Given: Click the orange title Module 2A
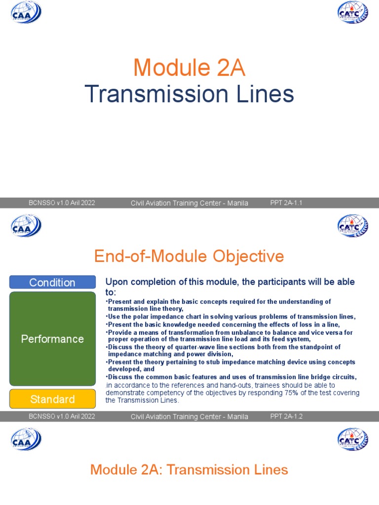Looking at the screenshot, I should pyautogui.click(x=189, y=68).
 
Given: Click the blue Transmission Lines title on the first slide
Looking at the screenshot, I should pyautogui.click(x=189, y=94).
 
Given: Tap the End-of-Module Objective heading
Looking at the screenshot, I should pyautogui.click(x=189, y=256).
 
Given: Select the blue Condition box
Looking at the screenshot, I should pyautogui.click(x=52, y=282).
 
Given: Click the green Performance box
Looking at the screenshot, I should pyautogui.click(x=52, y=339).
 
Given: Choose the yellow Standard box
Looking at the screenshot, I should pyautogui.click(x=52, y=399).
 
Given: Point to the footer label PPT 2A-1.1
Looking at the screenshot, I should pyautogui.click(x=286, y=203).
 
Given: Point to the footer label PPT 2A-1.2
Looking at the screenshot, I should pyautogui.click(x=286, y=416).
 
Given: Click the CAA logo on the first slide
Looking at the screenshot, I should pyautogui.click(x=26, y=12).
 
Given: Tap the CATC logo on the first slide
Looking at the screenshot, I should pyautogui.click(x=352, y=12).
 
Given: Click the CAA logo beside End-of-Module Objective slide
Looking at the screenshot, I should pyautogui.click(x=26, y=226).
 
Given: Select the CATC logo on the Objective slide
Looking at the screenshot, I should pyautogui.click(x=352, y=226).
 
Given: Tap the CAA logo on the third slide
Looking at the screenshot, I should pyautogui.click(x=26, y=439).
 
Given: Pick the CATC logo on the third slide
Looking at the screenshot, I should pyautogui.click(x=352, y=439).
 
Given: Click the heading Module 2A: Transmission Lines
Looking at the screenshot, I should pyautogui.click(x=189, y=469).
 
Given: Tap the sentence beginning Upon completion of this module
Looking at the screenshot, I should pyautogui.click(x=230, y=282).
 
